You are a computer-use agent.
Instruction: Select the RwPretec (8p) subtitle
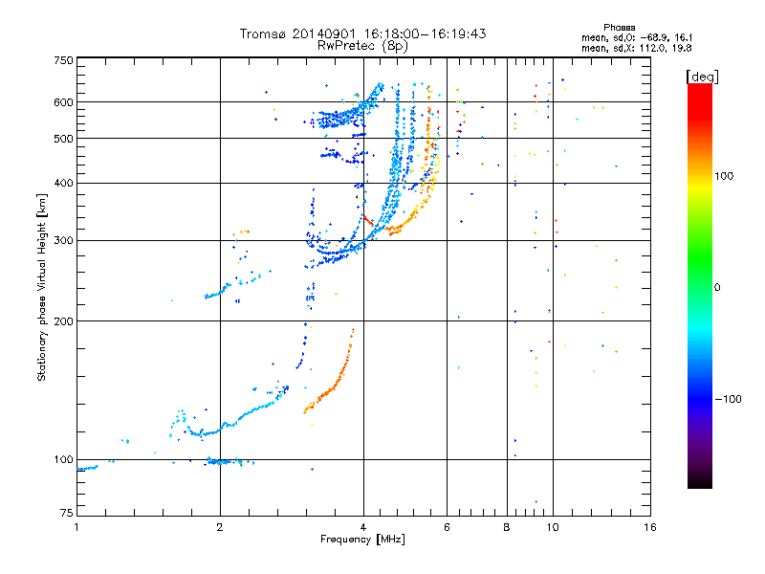(x=362, y=46)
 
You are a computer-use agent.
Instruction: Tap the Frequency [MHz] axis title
(x=362, y=540)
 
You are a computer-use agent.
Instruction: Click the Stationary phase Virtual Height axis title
(x=41, y=288)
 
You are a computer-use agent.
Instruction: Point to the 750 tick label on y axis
(x=63, y=60)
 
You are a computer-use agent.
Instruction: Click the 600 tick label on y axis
(x=63, y=102)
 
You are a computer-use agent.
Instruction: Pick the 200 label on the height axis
(x=63, y=321)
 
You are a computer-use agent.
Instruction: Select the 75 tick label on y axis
(x=67, y=513)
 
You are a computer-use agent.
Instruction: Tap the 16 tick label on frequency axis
(x=650, y=527)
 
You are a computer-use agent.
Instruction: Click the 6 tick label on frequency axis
(x=447, y=527)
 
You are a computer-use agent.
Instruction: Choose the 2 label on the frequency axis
(x=220, y=527)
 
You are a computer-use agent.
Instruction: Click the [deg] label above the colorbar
(x=702, y=77)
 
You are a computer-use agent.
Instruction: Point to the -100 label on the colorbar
(x=728, y=399)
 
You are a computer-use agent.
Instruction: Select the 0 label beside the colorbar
(x=717, y=288)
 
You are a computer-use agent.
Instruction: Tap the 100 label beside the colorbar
(x=724, y=176)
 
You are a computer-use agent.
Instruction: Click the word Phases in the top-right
(x=619, y=28)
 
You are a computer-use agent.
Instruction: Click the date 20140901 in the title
(x=324, y=33)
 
